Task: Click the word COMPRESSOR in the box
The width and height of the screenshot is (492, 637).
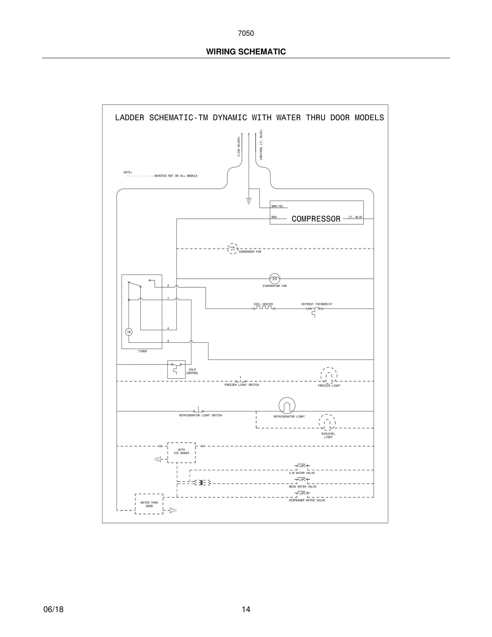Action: pos(316,219)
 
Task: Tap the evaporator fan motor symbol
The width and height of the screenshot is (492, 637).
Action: pos(275,279)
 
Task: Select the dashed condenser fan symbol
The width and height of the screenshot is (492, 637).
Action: pos(232,249)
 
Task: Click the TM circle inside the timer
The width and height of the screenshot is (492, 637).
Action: pos(129,332)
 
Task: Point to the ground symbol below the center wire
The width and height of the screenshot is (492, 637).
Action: pos(249,201)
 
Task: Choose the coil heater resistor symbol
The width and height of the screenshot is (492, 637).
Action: pos(264,308)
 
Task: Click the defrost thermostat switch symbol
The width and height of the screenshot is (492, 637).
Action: pos(315,309)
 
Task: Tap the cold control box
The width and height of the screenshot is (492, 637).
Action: pos(176,369)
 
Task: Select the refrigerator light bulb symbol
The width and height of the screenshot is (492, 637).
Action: pos(287,405)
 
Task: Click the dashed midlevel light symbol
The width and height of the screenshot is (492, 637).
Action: pos(327,422)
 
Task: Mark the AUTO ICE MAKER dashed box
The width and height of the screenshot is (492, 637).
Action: pos(181,452)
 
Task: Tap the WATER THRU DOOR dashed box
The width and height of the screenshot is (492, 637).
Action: pos(149,504)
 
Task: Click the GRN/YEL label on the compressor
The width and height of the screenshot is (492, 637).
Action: pos(277,206)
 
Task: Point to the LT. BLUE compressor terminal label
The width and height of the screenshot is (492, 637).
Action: pos(355,217)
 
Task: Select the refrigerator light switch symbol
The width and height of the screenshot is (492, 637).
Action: pos(199,410)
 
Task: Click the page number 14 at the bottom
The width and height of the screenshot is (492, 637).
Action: pos(246,609)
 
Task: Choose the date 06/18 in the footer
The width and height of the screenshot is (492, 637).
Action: pos(53,609)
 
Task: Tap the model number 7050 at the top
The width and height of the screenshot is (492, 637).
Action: pos(246,33)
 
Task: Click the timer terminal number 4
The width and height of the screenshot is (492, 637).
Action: pos(168,328)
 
